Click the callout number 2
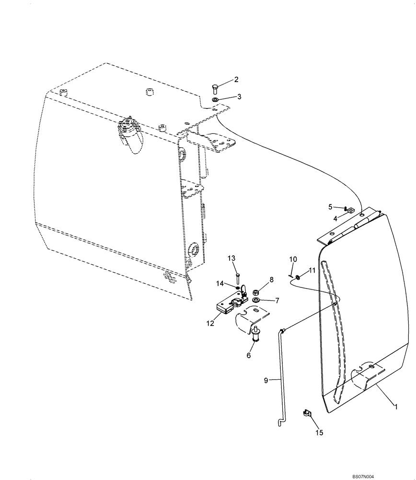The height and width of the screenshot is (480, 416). click(236, 79)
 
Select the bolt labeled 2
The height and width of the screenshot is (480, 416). click(215, 89)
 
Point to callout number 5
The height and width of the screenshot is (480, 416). click(330, 206)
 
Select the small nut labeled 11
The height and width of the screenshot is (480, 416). click(298, 276)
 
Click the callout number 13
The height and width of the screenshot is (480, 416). click(231, 258)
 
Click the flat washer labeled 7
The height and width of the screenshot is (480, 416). click(256, 300)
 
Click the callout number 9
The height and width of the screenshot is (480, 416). click(266, 381)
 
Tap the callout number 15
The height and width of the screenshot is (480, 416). click(319, 432)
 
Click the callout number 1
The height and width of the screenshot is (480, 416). click(396, 406)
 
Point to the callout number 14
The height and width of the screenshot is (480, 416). click(220, 284)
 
